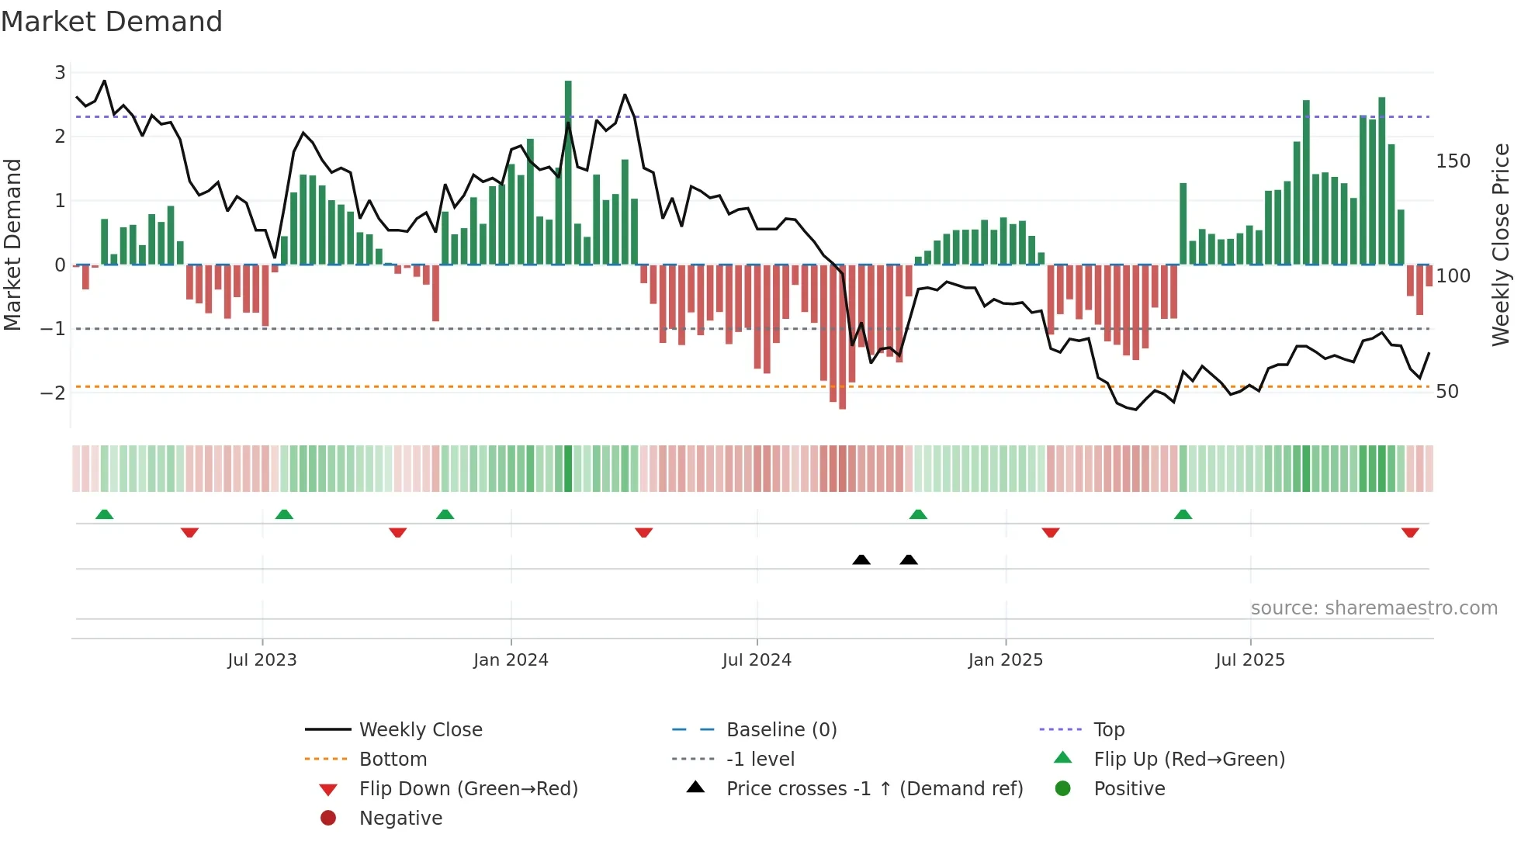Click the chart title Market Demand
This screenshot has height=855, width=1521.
(x=112, y=22)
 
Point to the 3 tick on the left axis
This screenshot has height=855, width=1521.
(x=60, y=73)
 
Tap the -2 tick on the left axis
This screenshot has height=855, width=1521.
(x=53, y=393)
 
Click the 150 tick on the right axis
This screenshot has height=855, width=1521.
(x=1453, y=161)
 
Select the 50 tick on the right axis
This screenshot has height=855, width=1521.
(x=1447, y=392)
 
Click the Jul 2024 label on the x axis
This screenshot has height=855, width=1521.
(x=757, y=660)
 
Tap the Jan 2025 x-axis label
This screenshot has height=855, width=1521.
(x=1005, y=660)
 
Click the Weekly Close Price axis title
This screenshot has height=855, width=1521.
(x=1501, y=244)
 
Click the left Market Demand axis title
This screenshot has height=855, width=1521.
(x=12, y=244)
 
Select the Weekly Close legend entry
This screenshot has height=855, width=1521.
(x=420, y=730)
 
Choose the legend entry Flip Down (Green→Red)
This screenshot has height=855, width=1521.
(x=468, y=789)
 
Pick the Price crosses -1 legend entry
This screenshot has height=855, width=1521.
(x=874, y=789)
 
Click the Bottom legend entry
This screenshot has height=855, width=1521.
(x=393, y=760)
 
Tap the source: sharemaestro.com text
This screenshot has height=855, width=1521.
(x=1374, y=608)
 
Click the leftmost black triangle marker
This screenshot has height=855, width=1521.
(x=861, y=559)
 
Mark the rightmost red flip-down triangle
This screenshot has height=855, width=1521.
(x=1410, y=532)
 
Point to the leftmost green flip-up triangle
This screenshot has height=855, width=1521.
(x=104, y=514)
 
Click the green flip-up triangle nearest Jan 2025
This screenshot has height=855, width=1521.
(x=918, y=514)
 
